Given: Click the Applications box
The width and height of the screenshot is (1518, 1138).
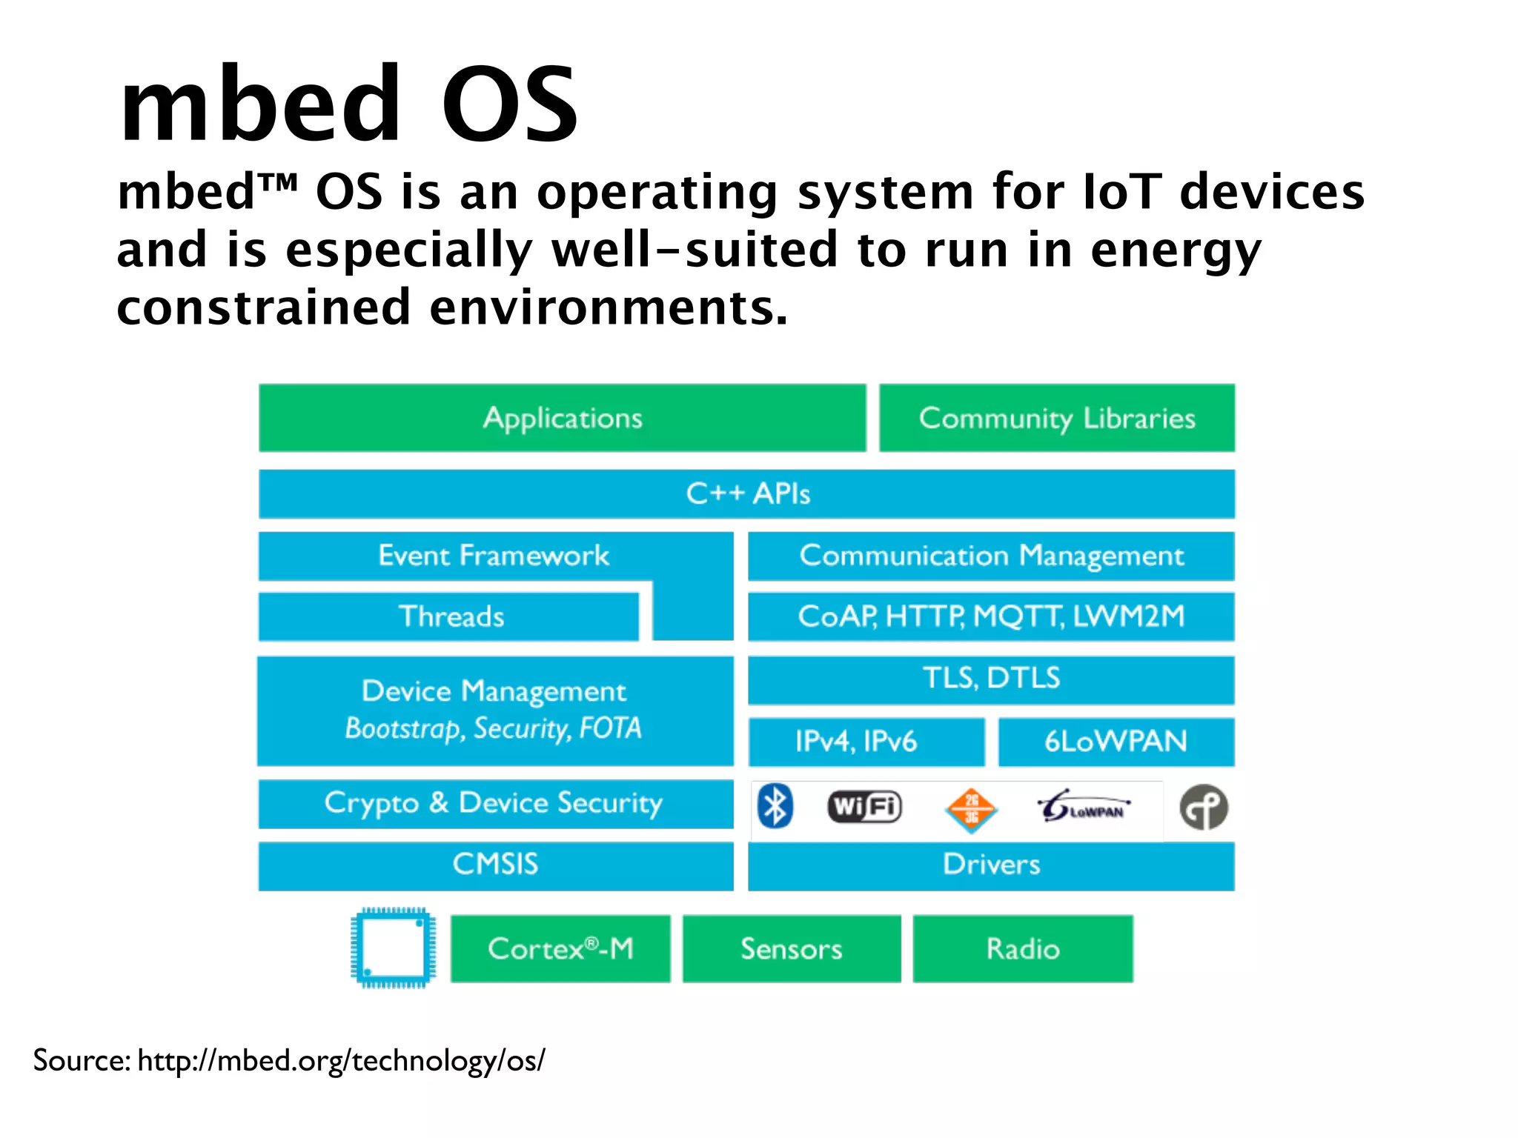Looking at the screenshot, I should click(x=562, y=418).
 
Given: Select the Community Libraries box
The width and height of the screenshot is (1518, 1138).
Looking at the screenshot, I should click(x=1057, y=418).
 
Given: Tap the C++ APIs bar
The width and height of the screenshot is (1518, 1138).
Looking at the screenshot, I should click(x=746, y=493).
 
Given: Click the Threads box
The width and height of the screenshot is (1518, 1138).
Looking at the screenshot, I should click(x=449, y=616).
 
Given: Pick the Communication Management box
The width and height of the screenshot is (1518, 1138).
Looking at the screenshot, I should click(x=991, y=556).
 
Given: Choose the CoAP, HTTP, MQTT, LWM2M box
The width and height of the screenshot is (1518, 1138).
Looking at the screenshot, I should click(x=991, y=616).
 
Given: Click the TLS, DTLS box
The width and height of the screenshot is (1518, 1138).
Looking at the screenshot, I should click(x=991, y=679).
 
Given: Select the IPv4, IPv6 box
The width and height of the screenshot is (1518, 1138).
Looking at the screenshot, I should click(x=866, y=742).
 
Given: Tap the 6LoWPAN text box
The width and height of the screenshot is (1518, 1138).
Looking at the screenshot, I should click(x=1116, y=742).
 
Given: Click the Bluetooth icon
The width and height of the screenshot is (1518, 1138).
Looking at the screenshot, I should click(x=775, y=806).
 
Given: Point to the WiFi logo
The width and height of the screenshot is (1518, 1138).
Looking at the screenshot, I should click(x=864, y=807).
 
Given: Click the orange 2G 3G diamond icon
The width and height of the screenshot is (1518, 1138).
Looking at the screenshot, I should click(x=971, y=809).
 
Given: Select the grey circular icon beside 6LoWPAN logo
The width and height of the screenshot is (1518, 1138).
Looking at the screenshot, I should click(x=1204, y=808).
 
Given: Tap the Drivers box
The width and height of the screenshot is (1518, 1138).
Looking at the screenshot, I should click(x=991, y=865).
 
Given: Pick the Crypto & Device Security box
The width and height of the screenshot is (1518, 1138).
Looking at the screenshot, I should click(x=495, y=804).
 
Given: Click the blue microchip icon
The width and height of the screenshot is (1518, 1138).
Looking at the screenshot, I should click(x=393, y=948).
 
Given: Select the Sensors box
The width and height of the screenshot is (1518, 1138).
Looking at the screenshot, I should click(x=791, y=949).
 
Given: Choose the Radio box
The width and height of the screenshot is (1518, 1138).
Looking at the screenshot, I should click(x=1022, y=949).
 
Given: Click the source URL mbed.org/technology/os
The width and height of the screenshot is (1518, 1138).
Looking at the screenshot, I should click(x=341, y=1061).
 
